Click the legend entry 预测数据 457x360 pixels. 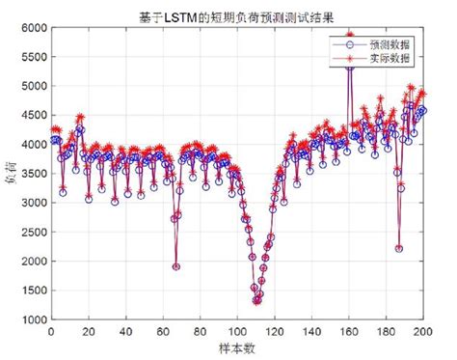click(388, 45)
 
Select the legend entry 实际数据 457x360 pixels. click(388, 59)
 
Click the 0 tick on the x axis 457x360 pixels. click(51, 331)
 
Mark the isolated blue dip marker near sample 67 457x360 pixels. click(176, 266)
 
